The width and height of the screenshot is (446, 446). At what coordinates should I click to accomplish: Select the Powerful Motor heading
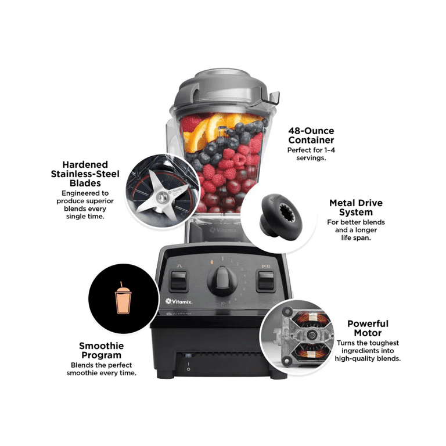click(368, 328)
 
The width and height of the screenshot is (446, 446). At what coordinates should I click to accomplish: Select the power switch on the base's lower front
click(188, 361)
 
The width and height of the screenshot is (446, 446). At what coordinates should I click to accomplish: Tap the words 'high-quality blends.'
click(368, 359)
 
